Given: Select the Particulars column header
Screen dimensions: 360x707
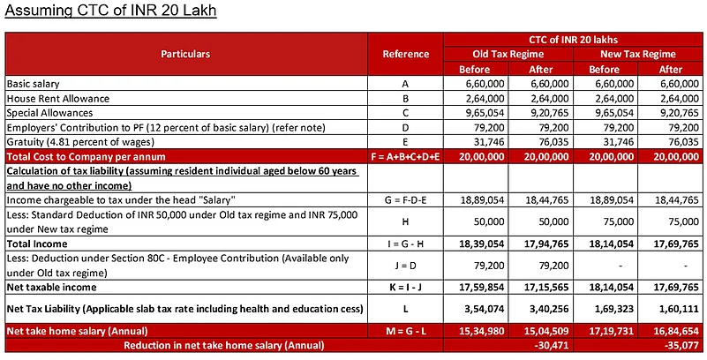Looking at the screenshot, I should (185, 54).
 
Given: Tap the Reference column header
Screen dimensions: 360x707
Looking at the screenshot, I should (405, 54).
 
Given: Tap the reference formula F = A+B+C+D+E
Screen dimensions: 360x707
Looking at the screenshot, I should (405, 157).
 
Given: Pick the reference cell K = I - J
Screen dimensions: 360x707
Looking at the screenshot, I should (405, 288).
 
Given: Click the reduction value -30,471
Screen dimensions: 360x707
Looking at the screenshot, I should (539, 344).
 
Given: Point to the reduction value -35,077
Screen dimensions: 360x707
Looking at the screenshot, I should (670, 344).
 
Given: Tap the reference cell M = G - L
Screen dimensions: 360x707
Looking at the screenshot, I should (405, 329).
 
